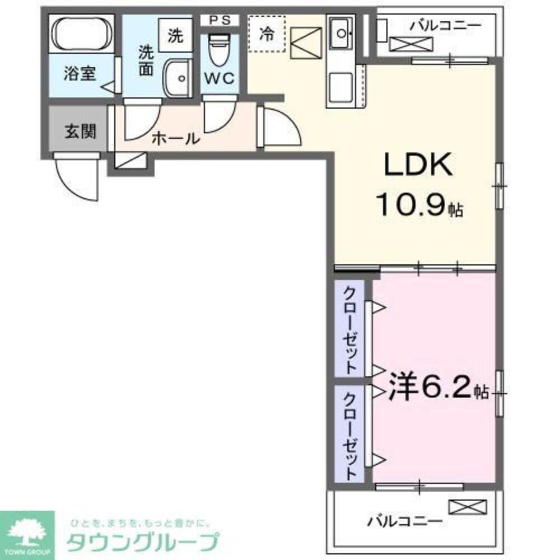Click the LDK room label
coord(417,166)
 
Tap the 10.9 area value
coord(414,206)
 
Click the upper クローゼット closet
coord(350,329)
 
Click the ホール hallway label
coord(175,138)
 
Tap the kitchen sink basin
coord(340,33)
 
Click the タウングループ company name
coord(142,542)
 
